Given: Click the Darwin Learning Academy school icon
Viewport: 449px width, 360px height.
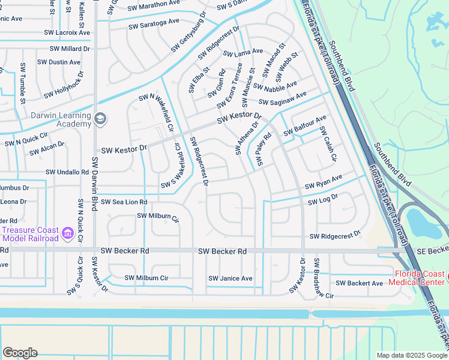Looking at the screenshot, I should point(100,119).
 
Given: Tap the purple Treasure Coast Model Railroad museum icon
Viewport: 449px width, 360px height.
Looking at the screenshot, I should point(67,232).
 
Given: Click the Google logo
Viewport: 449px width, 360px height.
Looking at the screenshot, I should point(20,353).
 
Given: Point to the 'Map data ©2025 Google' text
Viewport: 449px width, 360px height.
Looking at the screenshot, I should point(411,355).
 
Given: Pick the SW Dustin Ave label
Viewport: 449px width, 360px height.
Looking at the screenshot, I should point(59,62).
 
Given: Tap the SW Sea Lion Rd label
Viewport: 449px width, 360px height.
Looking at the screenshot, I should point(123,202).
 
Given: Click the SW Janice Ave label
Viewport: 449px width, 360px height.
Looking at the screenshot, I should point(230,278).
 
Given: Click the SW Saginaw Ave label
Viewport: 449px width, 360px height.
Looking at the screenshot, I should point(283,98).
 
